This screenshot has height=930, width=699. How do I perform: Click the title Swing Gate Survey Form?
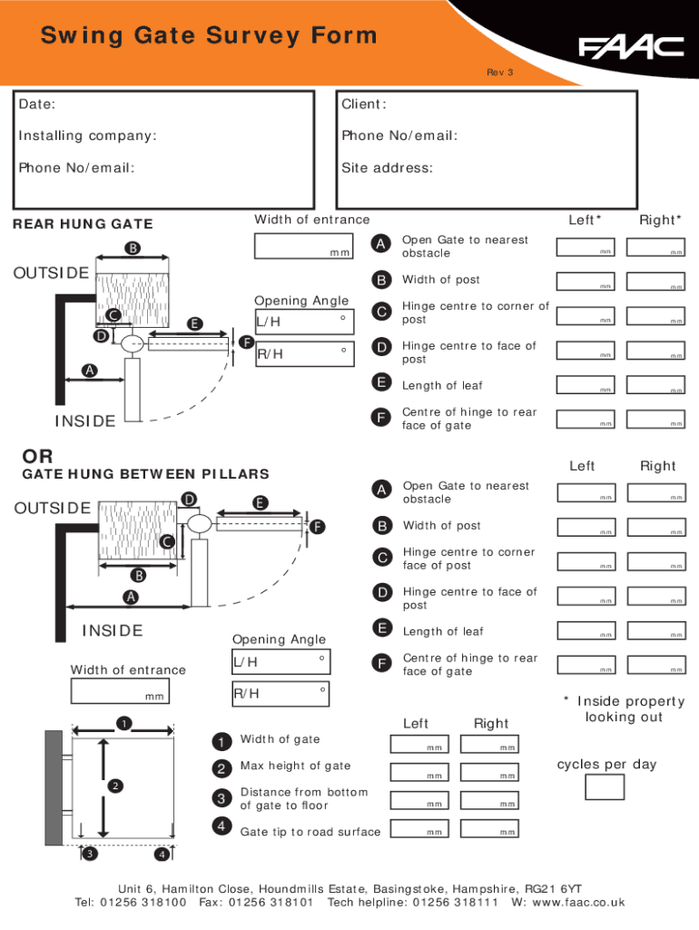pos(209,36)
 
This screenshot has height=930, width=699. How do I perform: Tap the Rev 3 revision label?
pos(500,72)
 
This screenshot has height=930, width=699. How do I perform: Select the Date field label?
pos(37,104)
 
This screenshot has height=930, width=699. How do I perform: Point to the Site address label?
pos(387,167)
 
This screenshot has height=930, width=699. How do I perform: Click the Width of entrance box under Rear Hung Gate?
pos(303,246)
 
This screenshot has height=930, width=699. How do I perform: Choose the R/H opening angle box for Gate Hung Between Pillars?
pos(281,694)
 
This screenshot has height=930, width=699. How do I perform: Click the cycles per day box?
pos(605,787)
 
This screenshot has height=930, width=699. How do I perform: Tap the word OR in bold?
pos(38,455)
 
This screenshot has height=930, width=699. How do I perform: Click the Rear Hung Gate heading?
pos(83,224)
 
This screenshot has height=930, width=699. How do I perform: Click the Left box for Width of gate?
pos(418,744)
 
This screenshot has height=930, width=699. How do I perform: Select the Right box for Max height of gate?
pos(489,772)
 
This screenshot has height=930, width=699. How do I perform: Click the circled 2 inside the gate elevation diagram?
pos(115,786)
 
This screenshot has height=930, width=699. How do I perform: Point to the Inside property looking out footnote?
pos(624,708)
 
